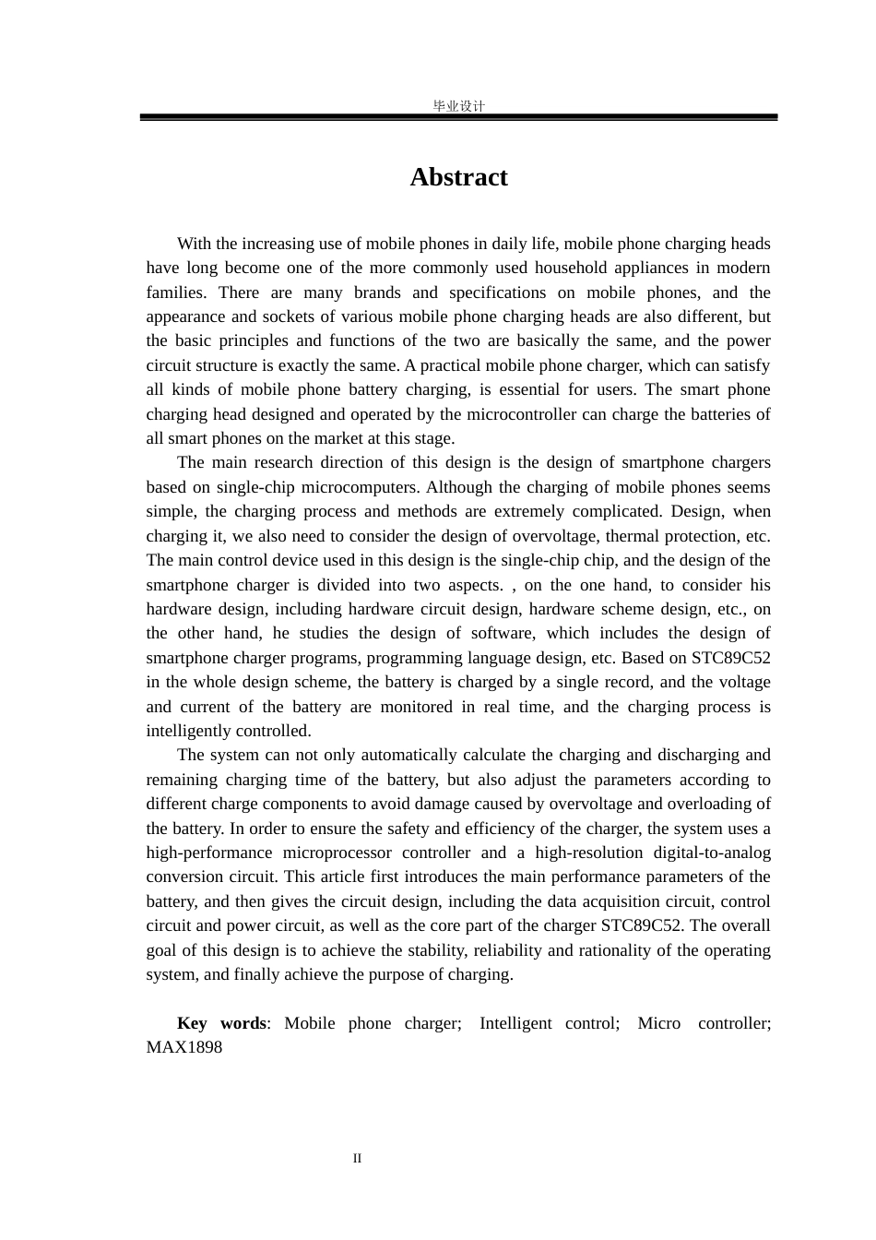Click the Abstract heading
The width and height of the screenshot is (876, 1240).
[x=458, y=177]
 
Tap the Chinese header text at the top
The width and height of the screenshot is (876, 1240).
[x=458, y=106]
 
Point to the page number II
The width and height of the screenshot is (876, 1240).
[x=357, y=1159]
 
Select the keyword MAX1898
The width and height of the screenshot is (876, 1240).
[x=183, y=1047]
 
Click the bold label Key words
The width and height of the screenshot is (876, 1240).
[x=221, y=1023]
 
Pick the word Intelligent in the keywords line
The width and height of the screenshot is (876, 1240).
[x=515, y=1023]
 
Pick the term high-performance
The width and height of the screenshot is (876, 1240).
[x=208, y=852]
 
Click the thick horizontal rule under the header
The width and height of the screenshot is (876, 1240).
[x=458, y=117]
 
